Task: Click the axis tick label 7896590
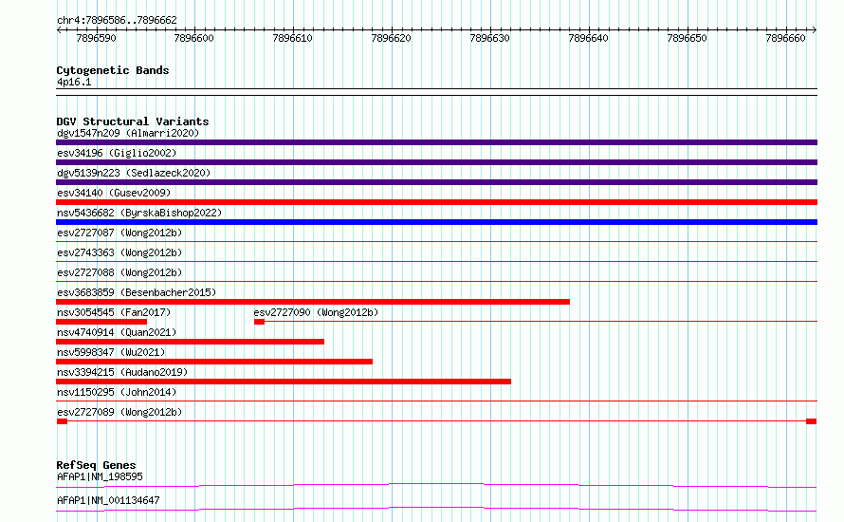96,38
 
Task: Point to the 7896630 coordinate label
489,38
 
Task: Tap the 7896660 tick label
785,38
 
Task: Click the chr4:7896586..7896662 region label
117,20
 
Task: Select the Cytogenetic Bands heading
113,70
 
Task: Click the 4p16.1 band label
74,82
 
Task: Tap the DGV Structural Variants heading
133,121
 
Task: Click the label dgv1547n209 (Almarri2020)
128,133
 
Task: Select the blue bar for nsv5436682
436,222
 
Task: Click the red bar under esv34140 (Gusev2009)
436,202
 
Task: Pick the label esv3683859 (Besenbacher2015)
137,292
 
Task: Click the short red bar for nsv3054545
101,322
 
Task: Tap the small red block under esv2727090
260,322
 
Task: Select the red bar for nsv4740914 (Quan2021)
190,342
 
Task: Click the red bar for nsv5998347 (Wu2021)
214,362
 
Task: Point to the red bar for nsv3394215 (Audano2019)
284,382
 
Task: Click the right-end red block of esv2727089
812,421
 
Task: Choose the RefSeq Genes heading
97,465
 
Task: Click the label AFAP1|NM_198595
101,476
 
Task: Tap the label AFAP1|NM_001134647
108,500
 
